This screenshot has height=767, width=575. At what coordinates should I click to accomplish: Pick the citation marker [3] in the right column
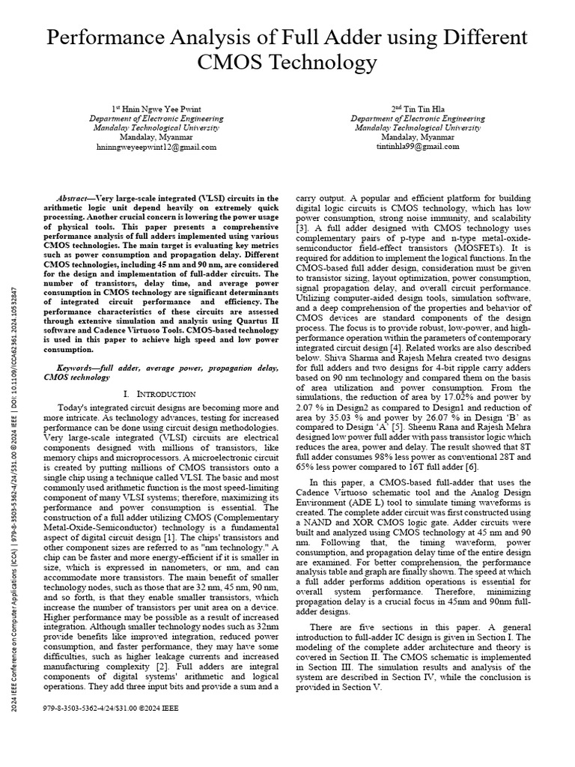[x=302, y=227]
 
